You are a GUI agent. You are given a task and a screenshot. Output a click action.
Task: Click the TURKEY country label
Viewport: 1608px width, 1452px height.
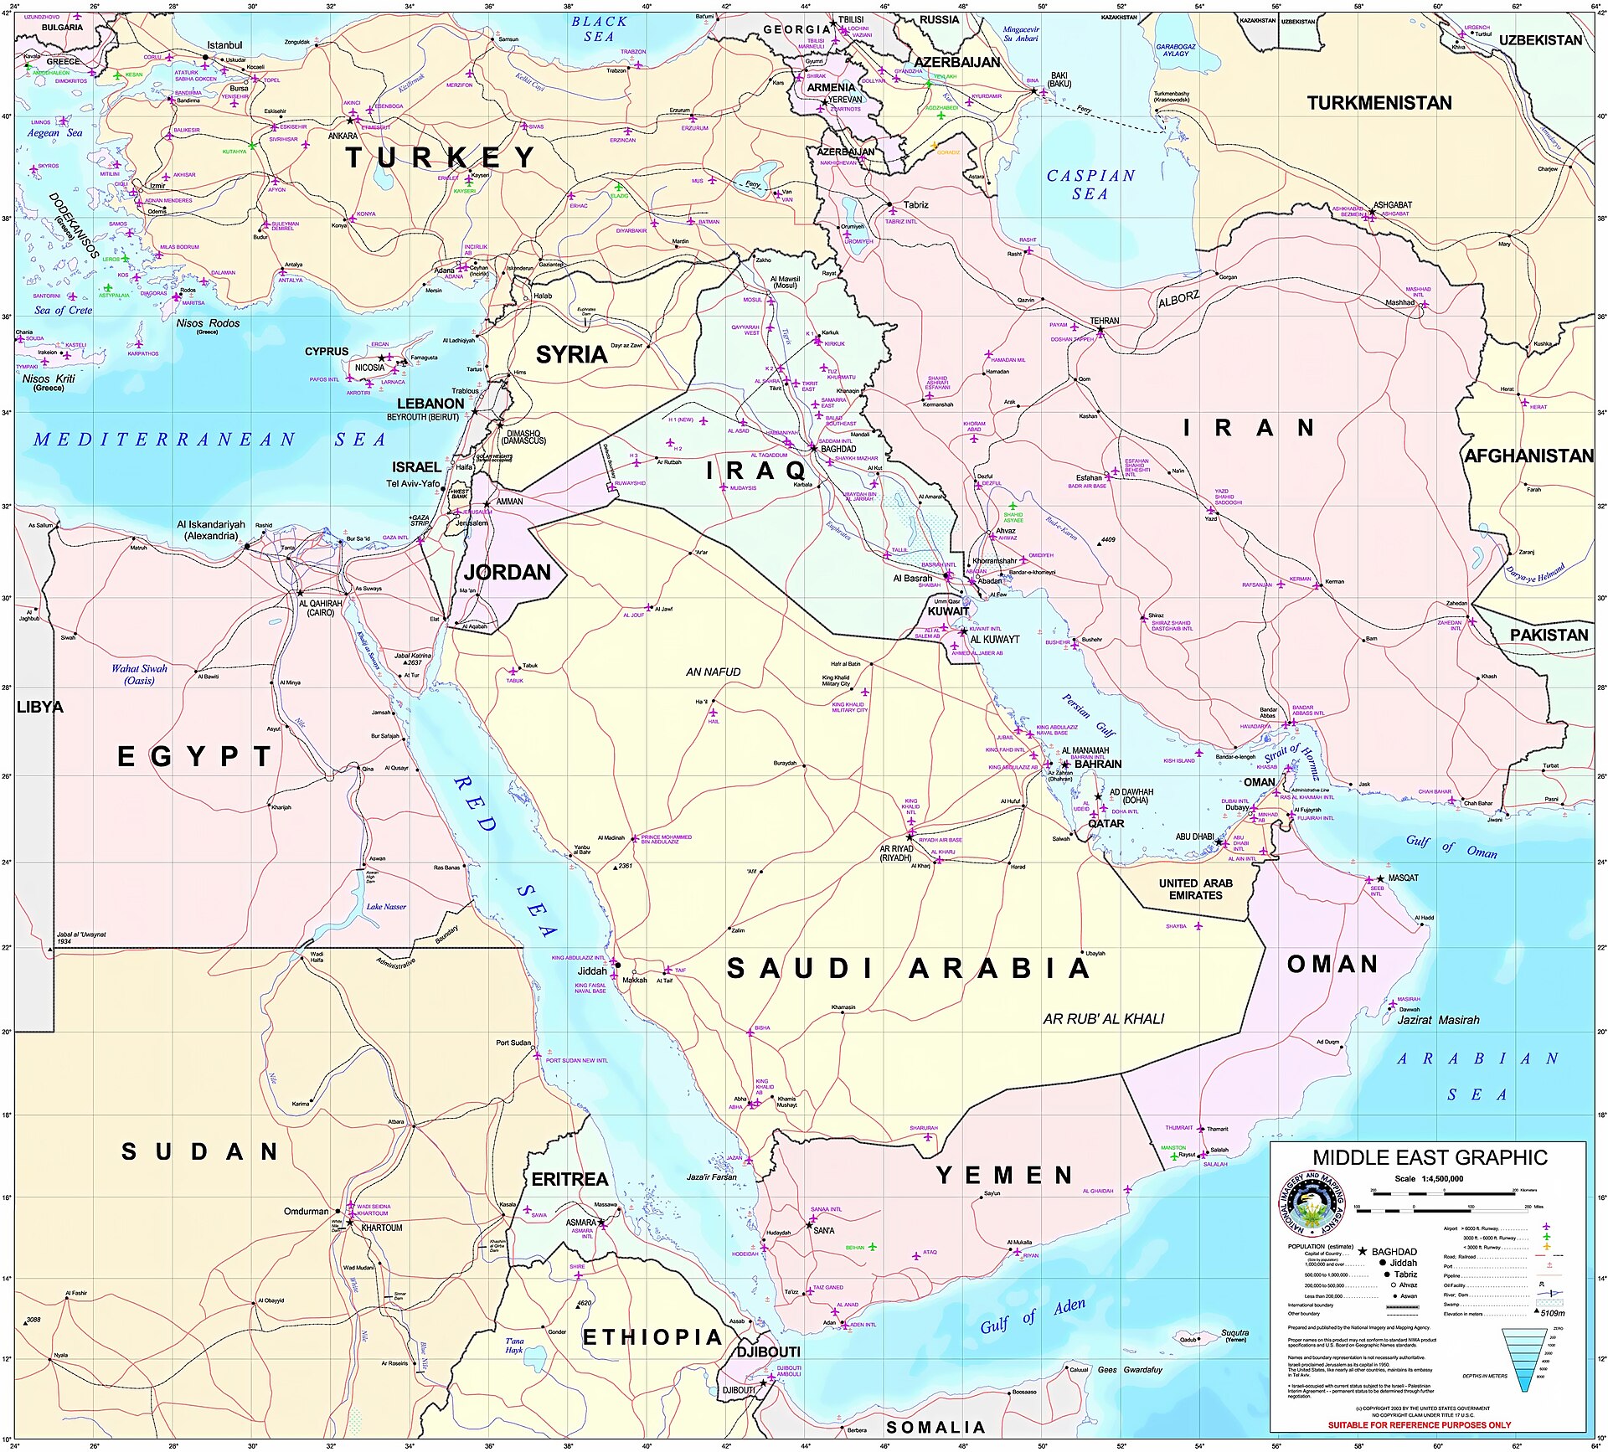(x=440, y=157)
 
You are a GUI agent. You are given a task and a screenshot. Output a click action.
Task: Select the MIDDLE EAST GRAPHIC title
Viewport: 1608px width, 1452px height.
(x=1430, y=1158)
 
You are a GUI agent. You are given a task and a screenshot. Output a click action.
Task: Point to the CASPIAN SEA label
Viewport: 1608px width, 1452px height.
(x=1090, y=184)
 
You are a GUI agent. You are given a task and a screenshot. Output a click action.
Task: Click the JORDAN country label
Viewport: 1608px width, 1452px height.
(x=507, y=573)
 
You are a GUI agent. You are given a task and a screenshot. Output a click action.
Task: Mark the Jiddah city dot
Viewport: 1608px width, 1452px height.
(x=618, y=965)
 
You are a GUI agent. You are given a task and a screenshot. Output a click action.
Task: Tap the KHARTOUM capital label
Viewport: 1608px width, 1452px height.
(x=381, y=1228)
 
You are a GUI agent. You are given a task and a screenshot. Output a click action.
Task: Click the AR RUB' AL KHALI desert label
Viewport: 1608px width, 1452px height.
(x=1103, y=1019)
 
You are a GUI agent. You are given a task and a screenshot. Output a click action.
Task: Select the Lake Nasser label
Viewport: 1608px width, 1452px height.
(x=386, y=906)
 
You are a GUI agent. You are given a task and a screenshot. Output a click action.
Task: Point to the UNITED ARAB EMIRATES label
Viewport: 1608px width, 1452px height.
(x=1195, y=889)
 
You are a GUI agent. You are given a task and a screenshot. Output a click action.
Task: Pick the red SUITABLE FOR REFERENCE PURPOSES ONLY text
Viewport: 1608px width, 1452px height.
(x=1419, y=1424)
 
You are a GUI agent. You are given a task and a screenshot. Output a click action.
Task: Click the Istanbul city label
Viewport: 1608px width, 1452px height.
(x=224, y=45)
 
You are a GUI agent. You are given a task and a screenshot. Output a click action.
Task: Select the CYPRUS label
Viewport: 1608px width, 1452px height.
(x=326, y=352)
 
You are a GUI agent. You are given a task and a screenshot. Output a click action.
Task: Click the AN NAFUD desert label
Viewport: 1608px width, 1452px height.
(x=713, y=672)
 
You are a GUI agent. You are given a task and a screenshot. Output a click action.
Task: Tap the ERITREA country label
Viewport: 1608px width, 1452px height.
(x=569, y=1179)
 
